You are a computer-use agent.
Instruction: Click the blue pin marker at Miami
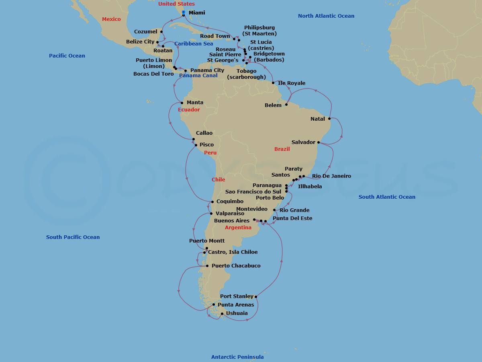tap(183, 13)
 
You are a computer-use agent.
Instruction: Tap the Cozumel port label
tap(146, 32)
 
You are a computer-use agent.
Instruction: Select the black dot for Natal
tap(329, 119)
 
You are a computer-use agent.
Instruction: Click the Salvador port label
tap(303, 142)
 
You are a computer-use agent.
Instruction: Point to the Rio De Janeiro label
tap(331, 176)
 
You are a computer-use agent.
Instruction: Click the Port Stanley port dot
tap(256, 297)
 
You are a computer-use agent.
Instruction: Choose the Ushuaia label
tap(237, 313)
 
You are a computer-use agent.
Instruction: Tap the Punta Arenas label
tap(236, 305)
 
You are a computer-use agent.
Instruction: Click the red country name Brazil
tap(282, 149)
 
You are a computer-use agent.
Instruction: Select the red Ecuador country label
tap(188, 110)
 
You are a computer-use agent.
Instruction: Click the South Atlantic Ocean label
tap(387, 197)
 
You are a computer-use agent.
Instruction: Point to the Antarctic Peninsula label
tap(237, 357)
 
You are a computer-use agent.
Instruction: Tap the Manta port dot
tap(182, 103)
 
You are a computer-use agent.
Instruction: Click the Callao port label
tap(204, 133)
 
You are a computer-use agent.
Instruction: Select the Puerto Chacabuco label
tap(236, 266)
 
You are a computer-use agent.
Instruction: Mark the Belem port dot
tap(286, 105)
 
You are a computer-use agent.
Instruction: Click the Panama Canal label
tap(198, 76)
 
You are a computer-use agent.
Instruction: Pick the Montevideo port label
tap(252, 209)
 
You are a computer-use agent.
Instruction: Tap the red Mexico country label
tap(111, 19)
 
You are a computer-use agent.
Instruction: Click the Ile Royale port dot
tap(274, 83)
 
